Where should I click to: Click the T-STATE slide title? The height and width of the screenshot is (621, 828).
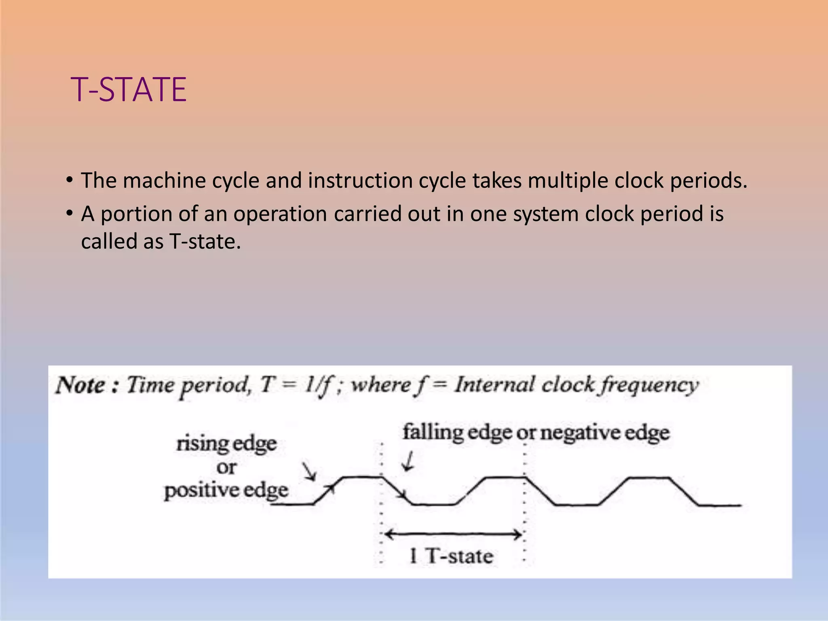click(129, 89)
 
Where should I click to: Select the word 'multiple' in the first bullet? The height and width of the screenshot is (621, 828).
click(568, 180)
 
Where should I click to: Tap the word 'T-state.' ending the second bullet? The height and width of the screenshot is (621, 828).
click(205, 242)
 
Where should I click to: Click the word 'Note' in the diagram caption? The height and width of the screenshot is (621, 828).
click(81, 385)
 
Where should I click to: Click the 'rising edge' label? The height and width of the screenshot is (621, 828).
click(226, 444)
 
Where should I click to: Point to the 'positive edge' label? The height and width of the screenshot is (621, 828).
click(226, 490)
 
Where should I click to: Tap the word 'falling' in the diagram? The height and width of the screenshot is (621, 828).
click(433, 432)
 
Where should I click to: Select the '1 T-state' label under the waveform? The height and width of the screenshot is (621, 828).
click(451, 556)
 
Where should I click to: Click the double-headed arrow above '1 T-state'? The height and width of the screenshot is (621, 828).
click(453, 535)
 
